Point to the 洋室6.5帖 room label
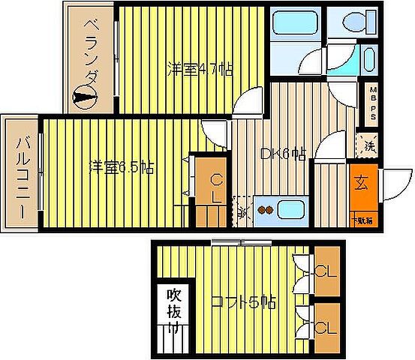122,167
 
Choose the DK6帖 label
283,154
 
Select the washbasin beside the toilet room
368,58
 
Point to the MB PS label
371,100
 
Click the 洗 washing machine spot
369,145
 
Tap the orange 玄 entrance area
362,182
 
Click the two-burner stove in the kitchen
264,210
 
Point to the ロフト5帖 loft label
244,302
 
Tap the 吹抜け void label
173,308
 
